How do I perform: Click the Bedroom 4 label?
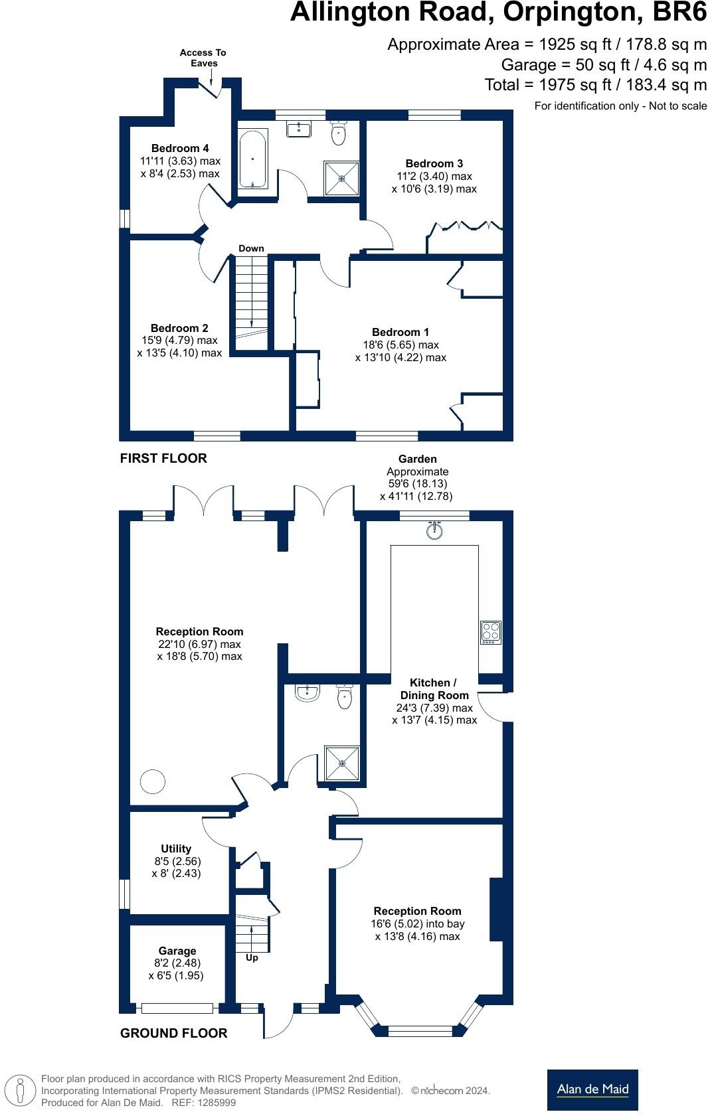(179, 148)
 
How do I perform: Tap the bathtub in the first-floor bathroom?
(253, 159)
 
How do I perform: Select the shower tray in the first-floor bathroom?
(342, 178)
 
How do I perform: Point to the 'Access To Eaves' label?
(203, 58)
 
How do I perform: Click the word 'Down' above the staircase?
(251, 248)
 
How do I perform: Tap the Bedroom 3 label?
(434, 163)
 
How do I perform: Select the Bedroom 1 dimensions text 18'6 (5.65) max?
(400, 345)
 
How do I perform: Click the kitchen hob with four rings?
(491, 632)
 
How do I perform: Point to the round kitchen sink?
(434, 530)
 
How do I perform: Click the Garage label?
(177, 951)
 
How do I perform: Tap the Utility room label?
(176, 848)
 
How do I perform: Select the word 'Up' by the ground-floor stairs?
(252, 958)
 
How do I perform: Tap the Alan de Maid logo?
(592, 1089)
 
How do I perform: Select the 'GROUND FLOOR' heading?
(173, 1033)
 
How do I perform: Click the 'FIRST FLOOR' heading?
(163, 458)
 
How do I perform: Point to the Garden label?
(417, 459)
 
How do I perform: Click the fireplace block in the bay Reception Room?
(496, 909)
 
